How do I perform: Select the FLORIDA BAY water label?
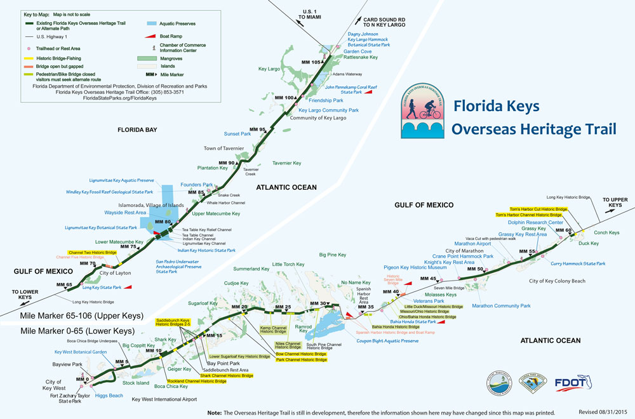142,130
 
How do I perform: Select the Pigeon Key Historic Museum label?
415,267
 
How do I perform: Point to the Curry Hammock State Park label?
578,263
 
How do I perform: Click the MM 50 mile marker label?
476,269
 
